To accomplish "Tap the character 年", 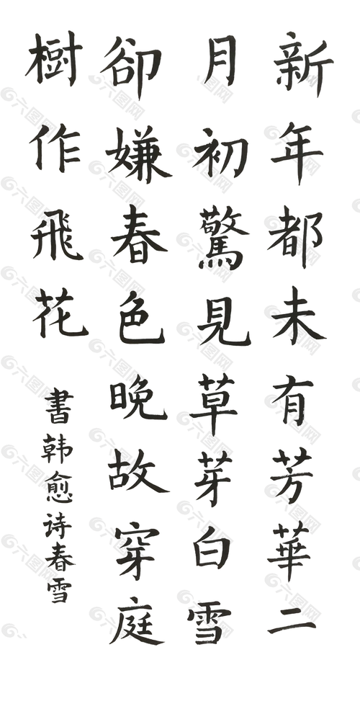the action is click(x=297, y=151).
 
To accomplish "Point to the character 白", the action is click(x=212, y=546).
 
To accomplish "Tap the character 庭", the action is click(x=137, y=620).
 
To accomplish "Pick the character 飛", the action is click(x=57, y=235).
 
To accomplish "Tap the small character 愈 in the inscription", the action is click(x=59, y=486).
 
